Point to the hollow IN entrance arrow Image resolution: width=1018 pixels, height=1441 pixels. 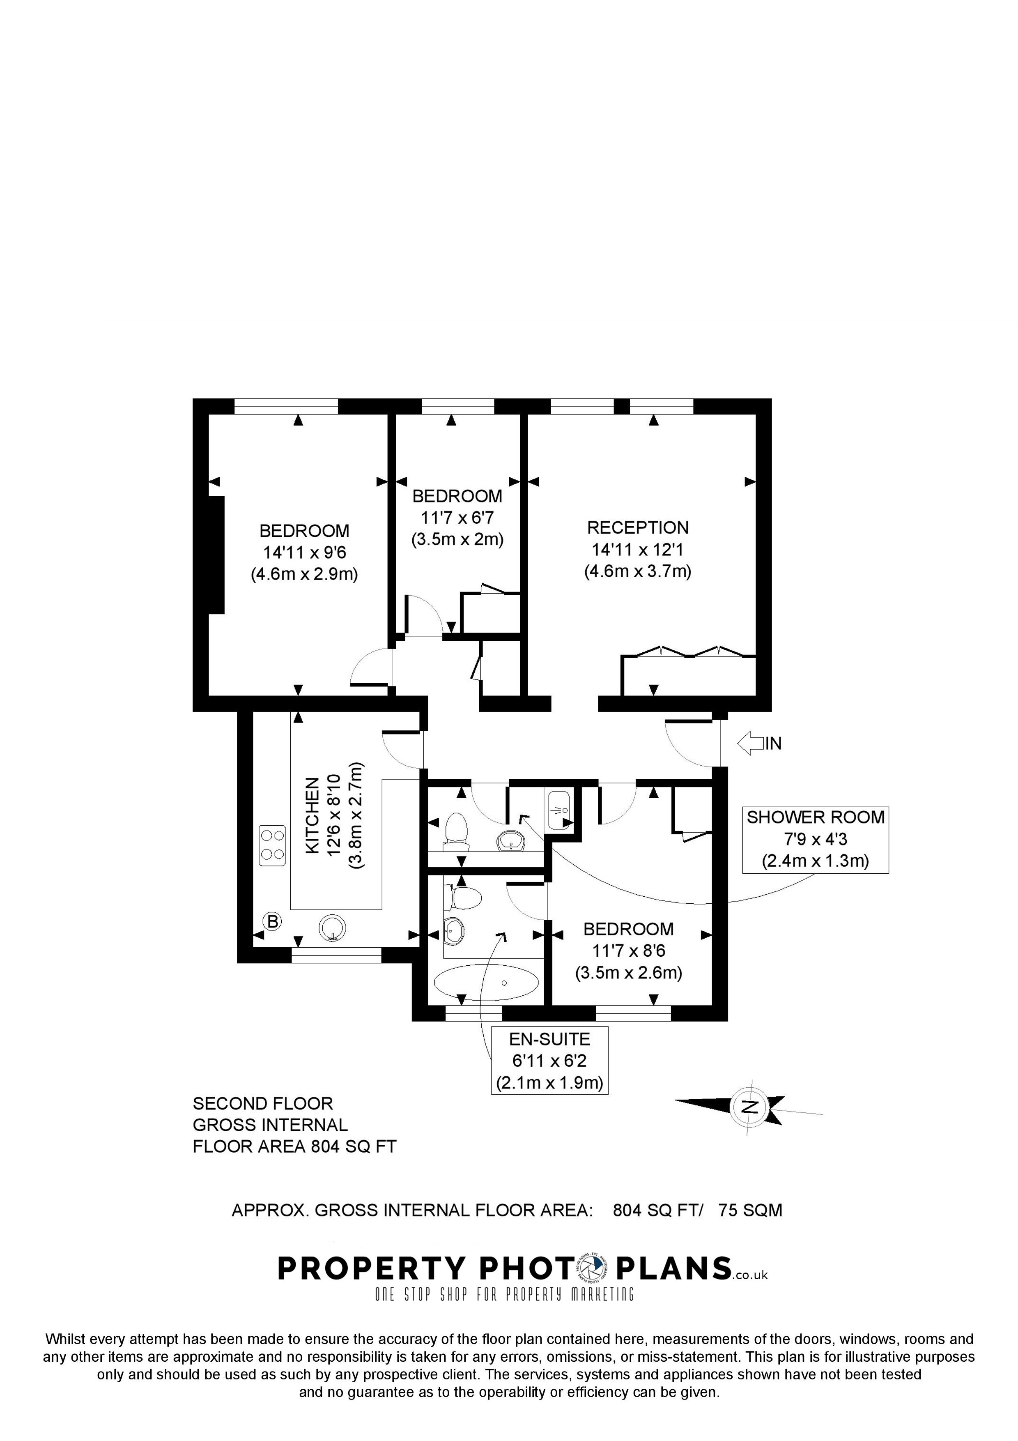click(x=750, y=744)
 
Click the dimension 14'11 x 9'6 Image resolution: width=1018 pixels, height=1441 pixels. click(x=304, y=553)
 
